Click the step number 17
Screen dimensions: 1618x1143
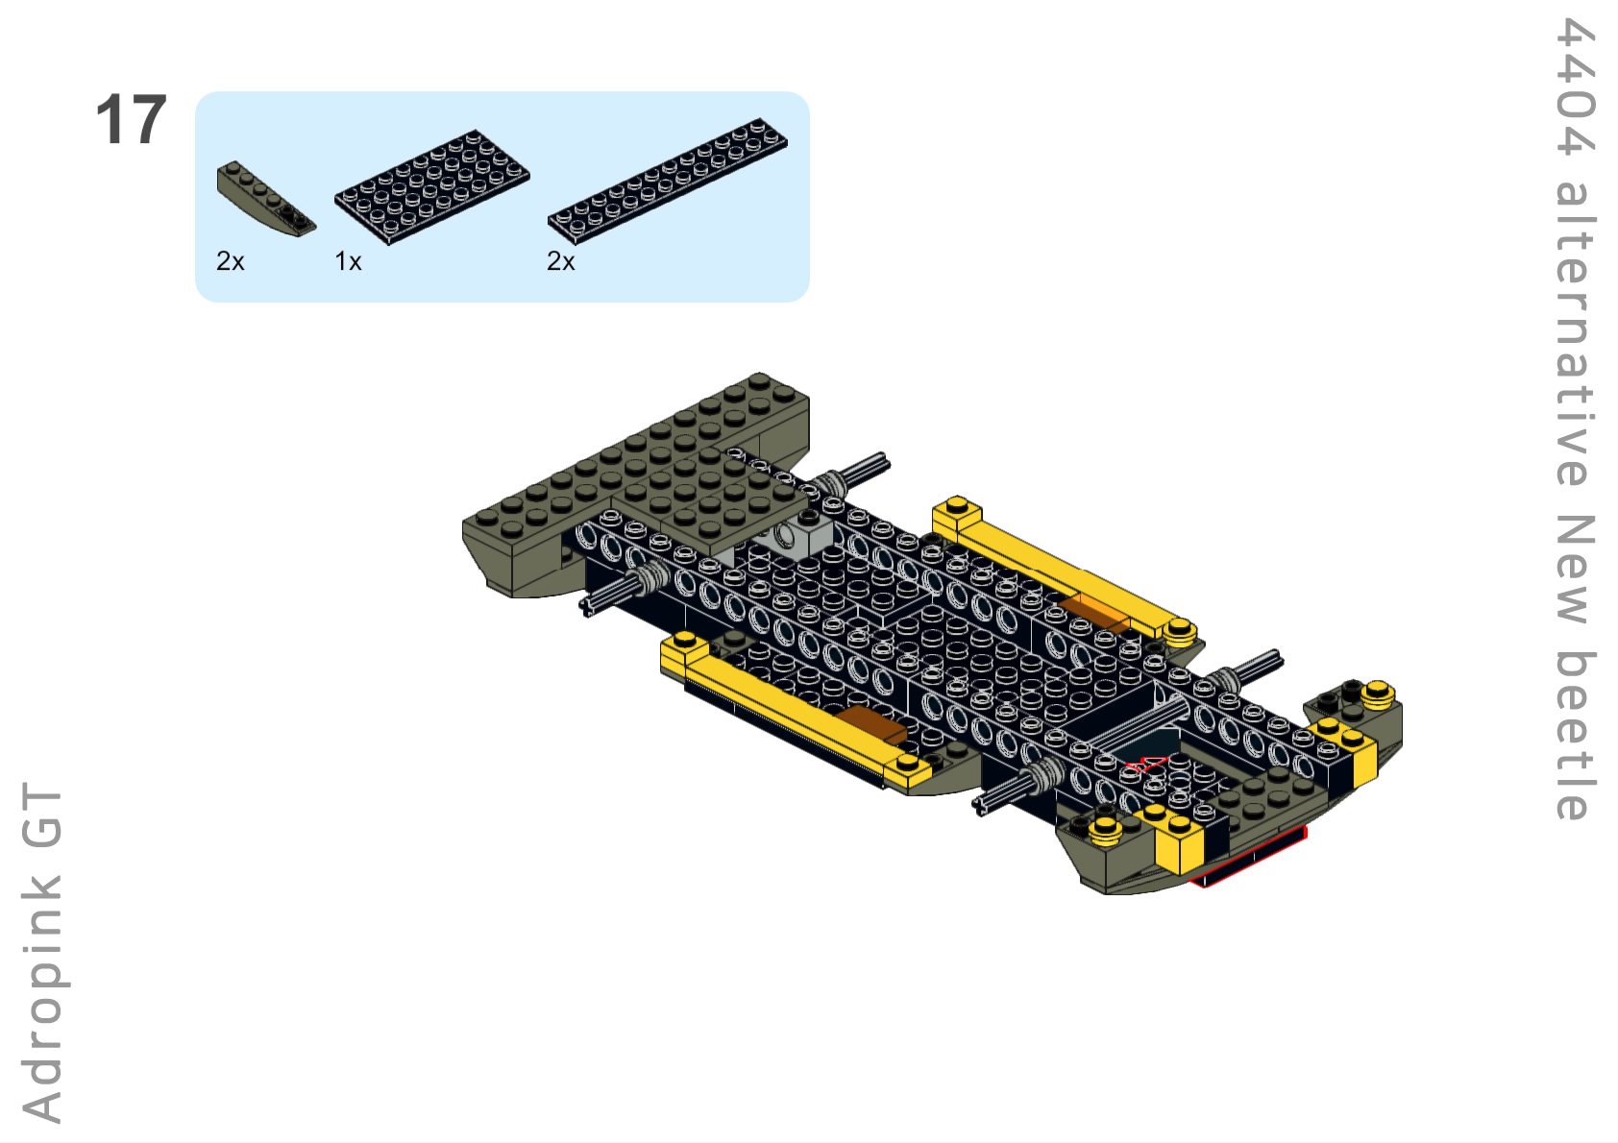point(131,119)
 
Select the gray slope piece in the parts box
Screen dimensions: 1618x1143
point(266,198)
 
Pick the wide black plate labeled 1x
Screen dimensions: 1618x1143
point(432,187)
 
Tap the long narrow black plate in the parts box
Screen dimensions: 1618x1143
point(668,181)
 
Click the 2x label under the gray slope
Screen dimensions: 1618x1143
point(230,260)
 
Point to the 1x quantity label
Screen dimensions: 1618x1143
point(348,260)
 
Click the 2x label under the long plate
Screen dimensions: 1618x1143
point(560,260)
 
